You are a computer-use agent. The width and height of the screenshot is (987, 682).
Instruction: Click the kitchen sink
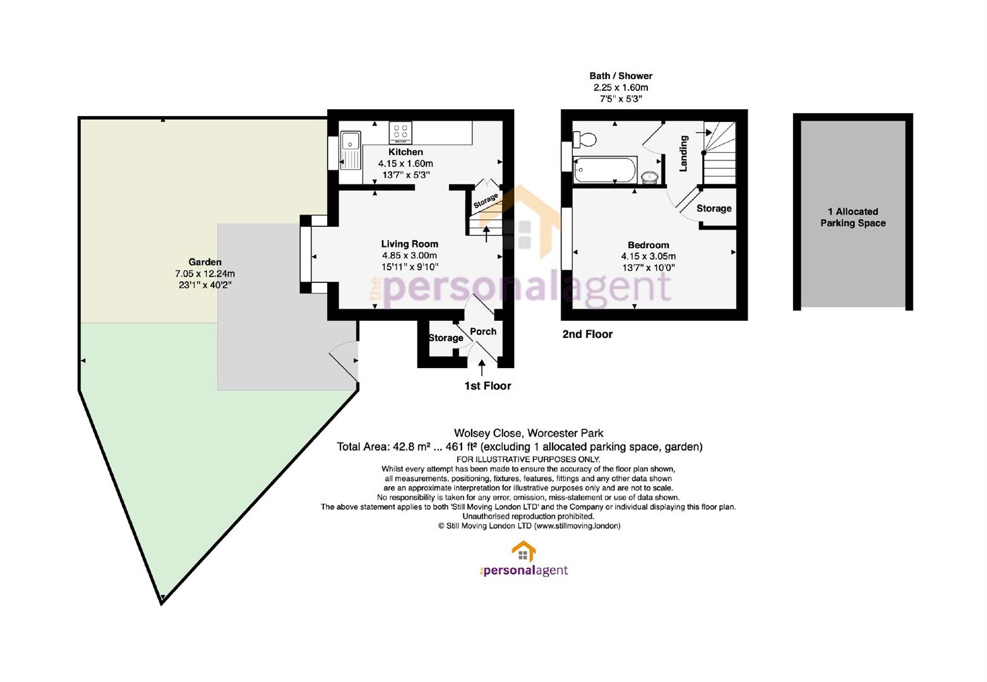click(350, 150)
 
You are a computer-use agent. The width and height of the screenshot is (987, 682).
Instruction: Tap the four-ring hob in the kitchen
click(400, 133)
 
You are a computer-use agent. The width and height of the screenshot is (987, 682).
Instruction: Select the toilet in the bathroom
click(584, 139)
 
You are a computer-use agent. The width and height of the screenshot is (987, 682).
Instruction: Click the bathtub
click(604, 169)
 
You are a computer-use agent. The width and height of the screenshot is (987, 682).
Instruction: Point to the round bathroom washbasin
click(650, 177)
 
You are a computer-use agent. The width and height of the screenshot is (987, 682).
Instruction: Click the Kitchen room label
click(405, 152)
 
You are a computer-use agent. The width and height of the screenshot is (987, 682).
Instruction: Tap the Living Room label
click(409, 244)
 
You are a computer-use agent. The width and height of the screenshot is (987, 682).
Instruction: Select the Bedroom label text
click(648, 245)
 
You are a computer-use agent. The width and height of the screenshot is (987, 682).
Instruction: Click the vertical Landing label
click(683, 153)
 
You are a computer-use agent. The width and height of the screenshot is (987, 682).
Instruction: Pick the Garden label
click(205, 261)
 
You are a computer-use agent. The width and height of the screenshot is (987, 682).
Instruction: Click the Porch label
click(483, 332)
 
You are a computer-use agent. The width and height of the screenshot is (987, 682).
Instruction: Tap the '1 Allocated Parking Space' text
click(852, 217)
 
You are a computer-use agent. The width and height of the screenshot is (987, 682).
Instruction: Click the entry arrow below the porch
click(482, 368)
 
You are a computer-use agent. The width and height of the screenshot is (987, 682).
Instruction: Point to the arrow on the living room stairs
click(486, 234)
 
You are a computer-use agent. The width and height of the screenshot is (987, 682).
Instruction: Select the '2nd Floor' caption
click(587, 334)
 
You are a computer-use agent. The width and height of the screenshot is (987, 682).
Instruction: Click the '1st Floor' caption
click(488, 386)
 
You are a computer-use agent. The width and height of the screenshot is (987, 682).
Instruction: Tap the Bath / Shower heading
click(621, 76)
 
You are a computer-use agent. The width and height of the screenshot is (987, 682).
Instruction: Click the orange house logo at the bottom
click(523, 551)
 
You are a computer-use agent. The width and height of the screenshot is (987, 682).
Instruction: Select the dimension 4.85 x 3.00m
click(409, 255)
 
